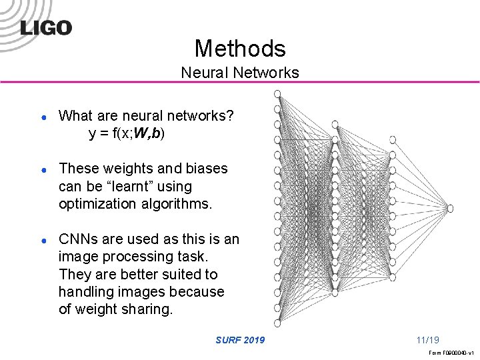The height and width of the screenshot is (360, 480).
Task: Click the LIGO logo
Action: pyautogui.click(x=46, y=28)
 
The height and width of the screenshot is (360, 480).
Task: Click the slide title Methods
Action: pyautogui.click(x=240, y=48)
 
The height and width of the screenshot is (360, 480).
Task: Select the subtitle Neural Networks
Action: pyautogui.click(x=240, y=72)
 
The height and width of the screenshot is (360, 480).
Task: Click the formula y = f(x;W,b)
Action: pyautogui.click(x=127, y=133)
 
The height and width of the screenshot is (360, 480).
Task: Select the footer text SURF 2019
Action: pyautogui.click(x=240, y=340)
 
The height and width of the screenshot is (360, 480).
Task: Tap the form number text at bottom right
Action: pyautogui.click(x=451, y=352)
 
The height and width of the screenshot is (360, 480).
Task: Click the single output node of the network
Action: pyautogui.click(x=450, y=208)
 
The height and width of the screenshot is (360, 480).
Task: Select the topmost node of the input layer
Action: pyautogui.click(x=277, y=93)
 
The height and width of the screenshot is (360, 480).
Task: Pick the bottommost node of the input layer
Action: pyautogui.click(x=277, y=323)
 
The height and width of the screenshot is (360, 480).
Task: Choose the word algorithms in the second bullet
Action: pyautogui.click(x=179, y=204)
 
